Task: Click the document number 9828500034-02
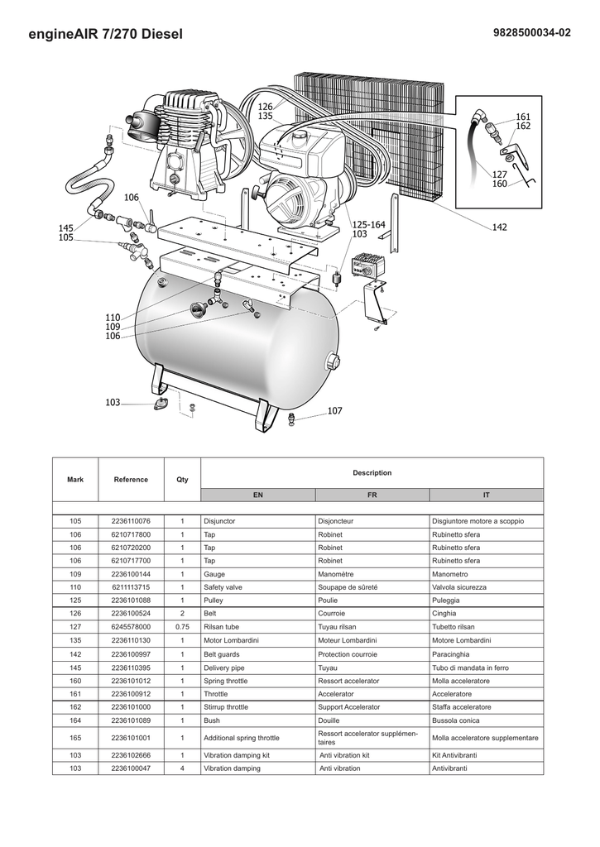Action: (x=531, y=33)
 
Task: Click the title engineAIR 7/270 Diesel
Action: (x=105, y=34)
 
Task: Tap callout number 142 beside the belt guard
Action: (x=500, y=227)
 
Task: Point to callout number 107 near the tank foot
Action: (x=334, y=411)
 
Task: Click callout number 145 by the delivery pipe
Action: (x=66, y=228)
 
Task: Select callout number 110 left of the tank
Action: (x=113, y=318)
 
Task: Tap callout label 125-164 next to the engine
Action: (x=368, y=225)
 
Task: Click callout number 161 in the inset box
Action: (x=523, y=117)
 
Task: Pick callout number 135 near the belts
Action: (x=266, y=116)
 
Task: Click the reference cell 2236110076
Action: (x=131, y=521)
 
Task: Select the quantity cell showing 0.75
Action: (x=182, y=627)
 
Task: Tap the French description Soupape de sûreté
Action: (x=348, y=587)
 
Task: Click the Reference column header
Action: (x=131, y=480)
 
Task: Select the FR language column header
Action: (x=372, y=495)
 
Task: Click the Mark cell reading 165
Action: (x=75, y=738)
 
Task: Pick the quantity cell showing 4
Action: (x=182, y=768)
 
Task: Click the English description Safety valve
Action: (x=223, y=587)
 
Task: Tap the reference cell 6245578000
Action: (x=131, y=627)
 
